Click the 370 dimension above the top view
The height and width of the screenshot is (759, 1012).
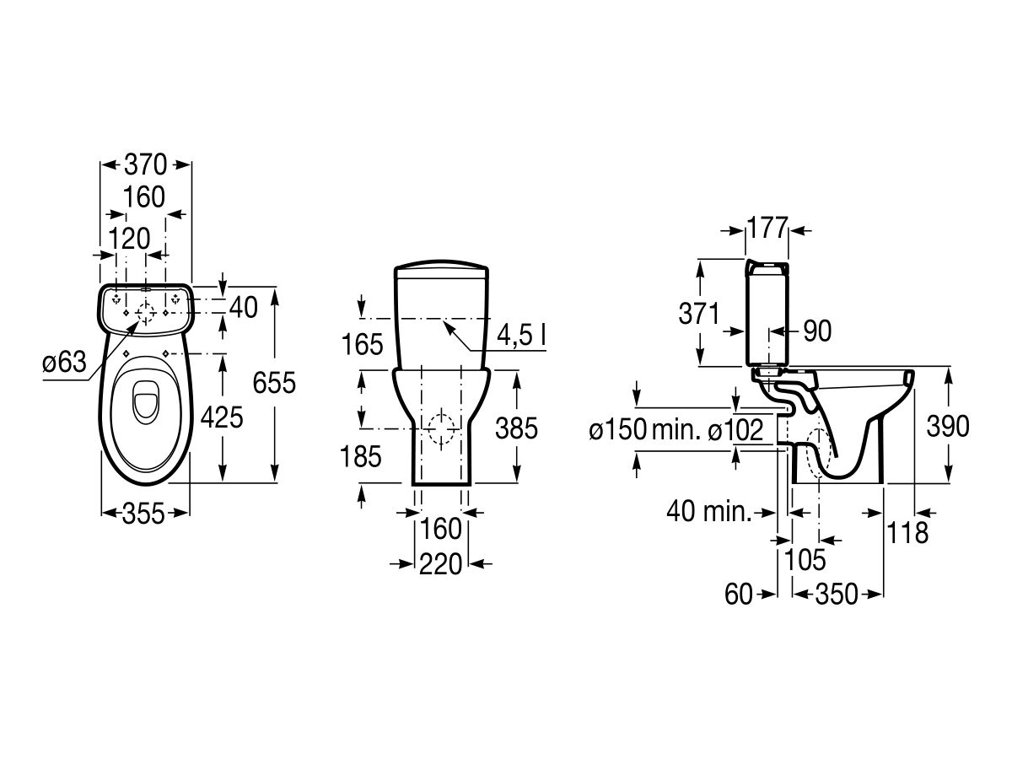146,163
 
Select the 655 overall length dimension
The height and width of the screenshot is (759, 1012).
275,383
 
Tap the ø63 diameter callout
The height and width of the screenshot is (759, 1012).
64,363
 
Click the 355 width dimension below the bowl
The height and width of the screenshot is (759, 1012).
146,512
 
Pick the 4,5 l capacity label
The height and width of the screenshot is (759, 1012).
520,335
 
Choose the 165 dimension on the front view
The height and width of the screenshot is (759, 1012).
362,344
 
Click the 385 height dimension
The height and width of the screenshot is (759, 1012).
516,428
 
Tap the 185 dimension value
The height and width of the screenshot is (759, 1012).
362,456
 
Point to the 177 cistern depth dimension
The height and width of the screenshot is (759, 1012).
767,228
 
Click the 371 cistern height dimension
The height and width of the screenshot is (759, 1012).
699,314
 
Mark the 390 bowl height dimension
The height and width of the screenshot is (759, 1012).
947,427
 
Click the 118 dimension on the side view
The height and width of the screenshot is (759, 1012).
907,532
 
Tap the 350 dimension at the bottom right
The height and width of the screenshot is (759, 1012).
837,594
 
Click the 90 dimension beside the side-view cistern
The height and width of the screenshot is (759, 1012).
816,331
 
